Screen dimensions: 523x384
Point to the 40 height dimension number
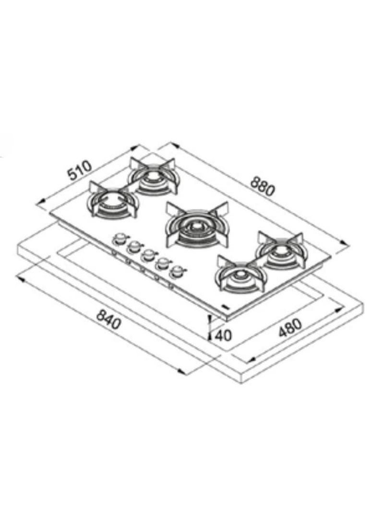221,334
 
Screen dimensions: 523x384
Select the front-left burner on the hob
112,201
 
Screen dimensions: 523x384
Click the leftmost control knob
119,238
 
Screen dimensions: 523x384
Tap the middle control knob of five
148,254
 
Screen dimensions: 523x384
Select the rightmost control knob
178,271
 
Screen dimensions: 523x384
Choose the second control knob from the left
133,246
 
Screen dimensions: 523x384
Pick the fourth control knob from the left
163,262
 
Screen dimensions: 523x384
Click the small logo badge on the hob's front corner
225,305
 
